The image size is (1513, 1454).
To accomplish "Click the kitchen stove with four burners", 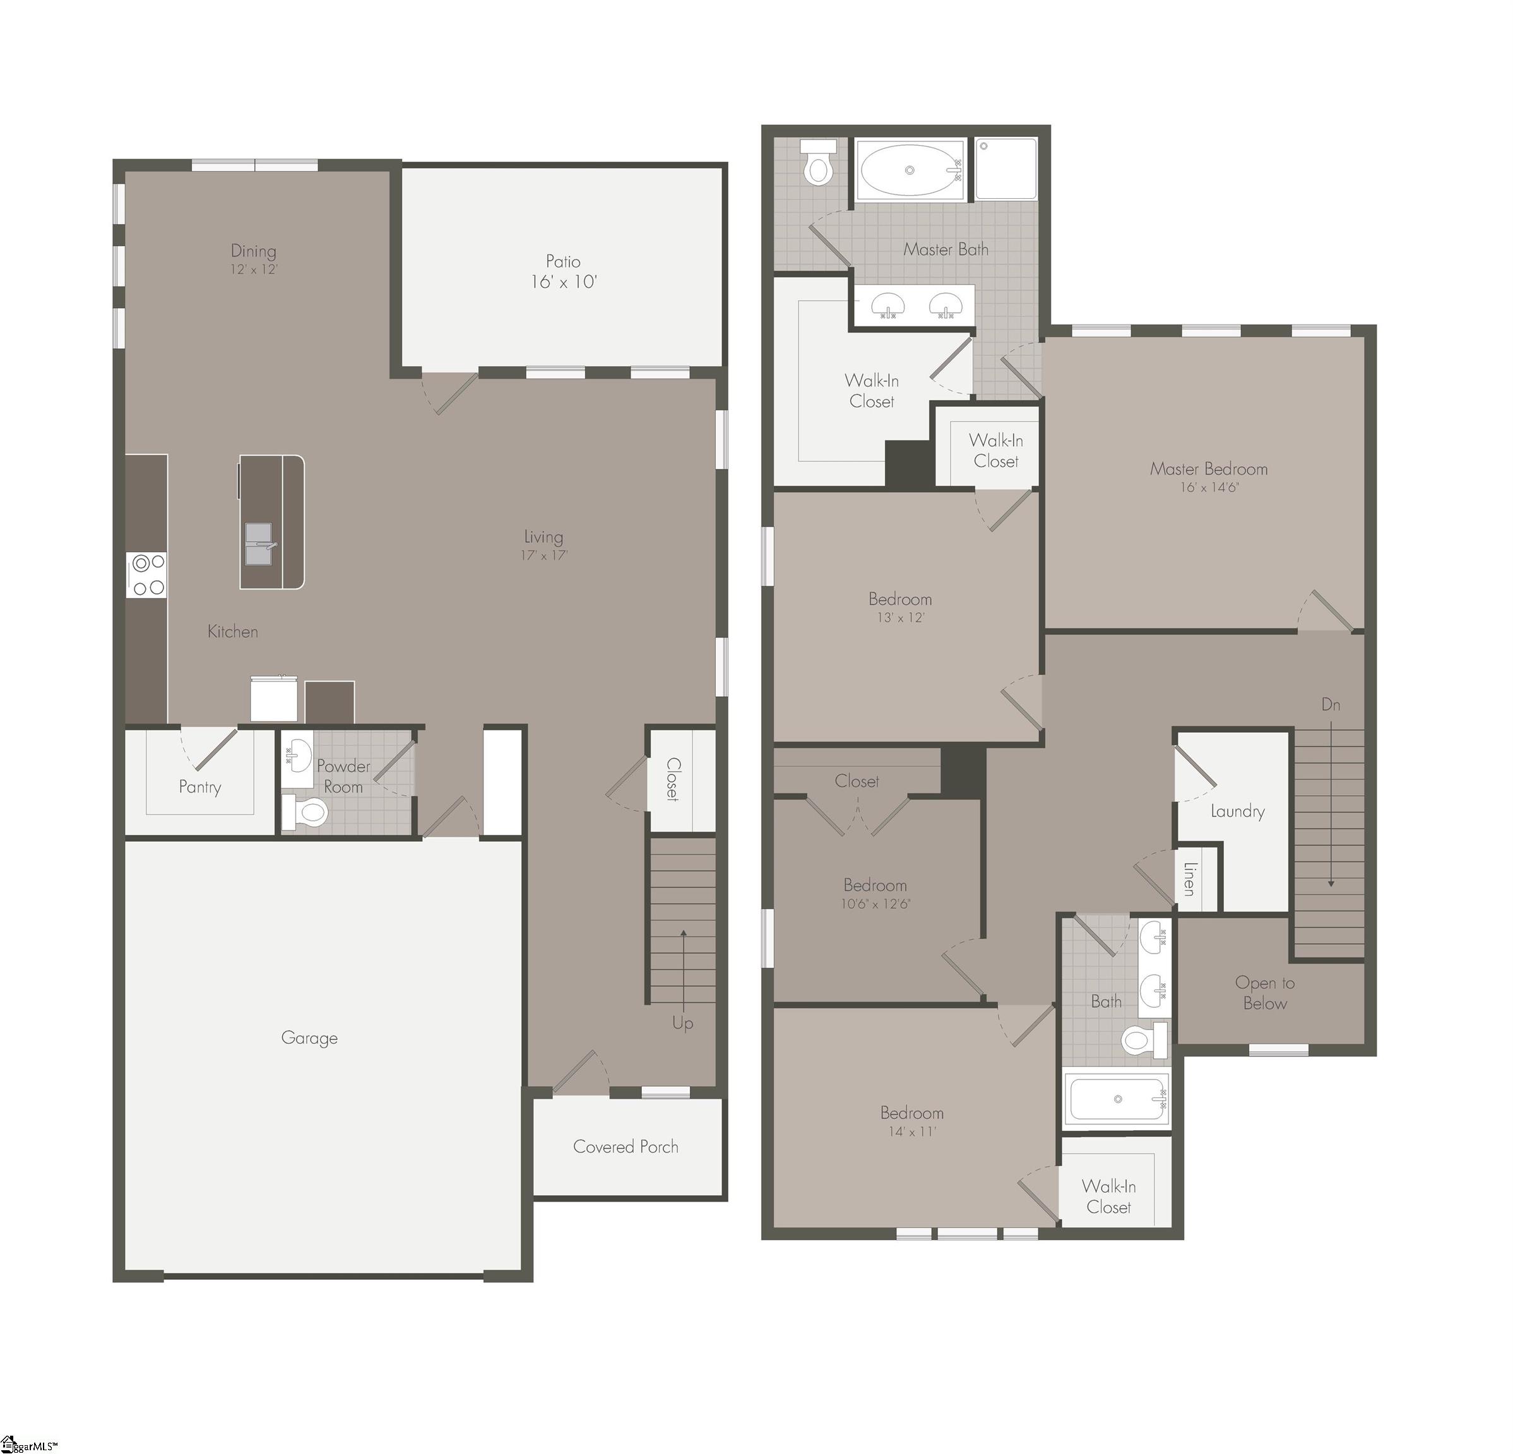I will (x=148, y=575).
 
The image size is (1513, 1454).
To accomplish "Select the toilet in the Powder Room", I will (x=305, y=813).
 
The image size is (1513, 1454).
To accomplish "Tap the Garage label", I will (x=309, y=1038).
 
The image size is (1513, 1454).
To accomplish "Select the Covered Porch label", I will (x=626, y=1147).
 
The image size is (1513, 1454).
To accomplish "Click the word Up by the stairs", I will (x=682, y=1024).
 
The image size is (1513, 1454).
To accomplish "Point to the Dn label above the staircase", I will (x=1330, y=705).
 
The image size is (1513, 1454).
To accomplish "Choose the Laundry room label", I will (x=1237, y=811).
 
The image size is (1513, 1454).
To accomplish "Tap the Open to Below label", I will (x=1264, y=993).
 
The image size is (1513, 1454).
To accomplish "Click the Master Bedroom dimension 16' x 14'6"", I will (x=1209, y=488).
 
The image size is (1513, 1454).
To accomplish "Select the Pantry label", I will (x=200, y=787).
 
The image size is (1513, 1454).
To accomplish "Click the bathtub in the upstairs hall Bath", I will (x=1117, y=1099).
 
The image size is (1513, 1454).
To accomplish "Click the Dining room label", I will (x=253, y=251).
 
